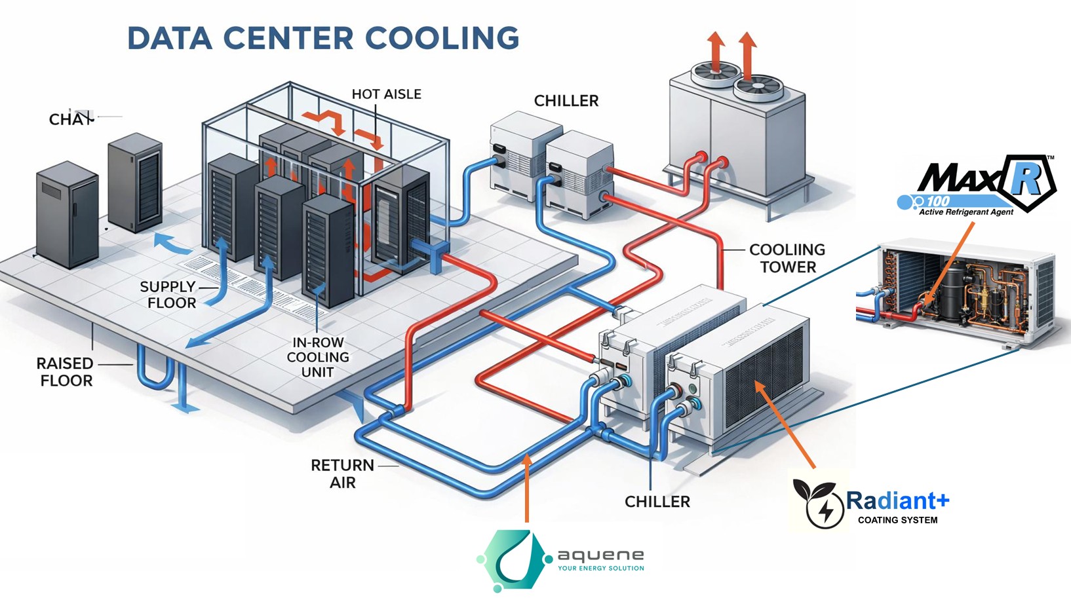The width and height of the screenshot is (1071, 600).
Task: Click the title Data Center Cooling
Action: [x=322, y=38]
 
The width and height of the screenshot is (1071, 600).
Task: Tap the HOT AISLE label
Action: [x=386, y=94]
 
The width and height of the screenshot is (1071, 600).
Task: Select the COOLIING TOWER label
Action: [x=787, y=258]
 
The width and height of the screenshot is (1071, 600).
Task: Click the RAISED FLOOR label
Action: [x=65, y=372]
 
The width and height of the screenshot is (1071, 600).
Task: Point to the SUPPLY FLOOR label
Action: [x=168, y=295]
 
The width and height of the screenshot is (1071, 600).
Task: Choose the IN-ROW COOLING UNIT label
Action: [x=318, y=357]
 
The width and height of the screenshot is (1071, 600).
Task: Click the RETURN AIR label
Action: [x=342, y=474]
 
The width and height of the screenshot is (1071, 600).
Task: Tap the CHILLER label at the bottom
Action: [x=657, y=502]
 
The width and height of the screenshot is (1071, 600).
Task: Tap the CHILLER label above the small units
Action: [x=566, y=101]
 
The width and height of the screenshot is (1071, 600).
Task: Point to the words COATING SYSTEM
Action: [x=897, y=520]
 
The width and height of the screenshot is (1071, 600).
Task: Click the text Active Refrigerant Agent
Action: [x=965, y=212]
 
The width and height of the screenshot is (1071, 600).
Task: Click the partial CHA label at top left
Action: [x=69, y=119]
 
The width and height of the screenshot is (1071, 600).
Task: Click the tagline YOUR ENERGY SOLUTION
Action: [x=600, y=569]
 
